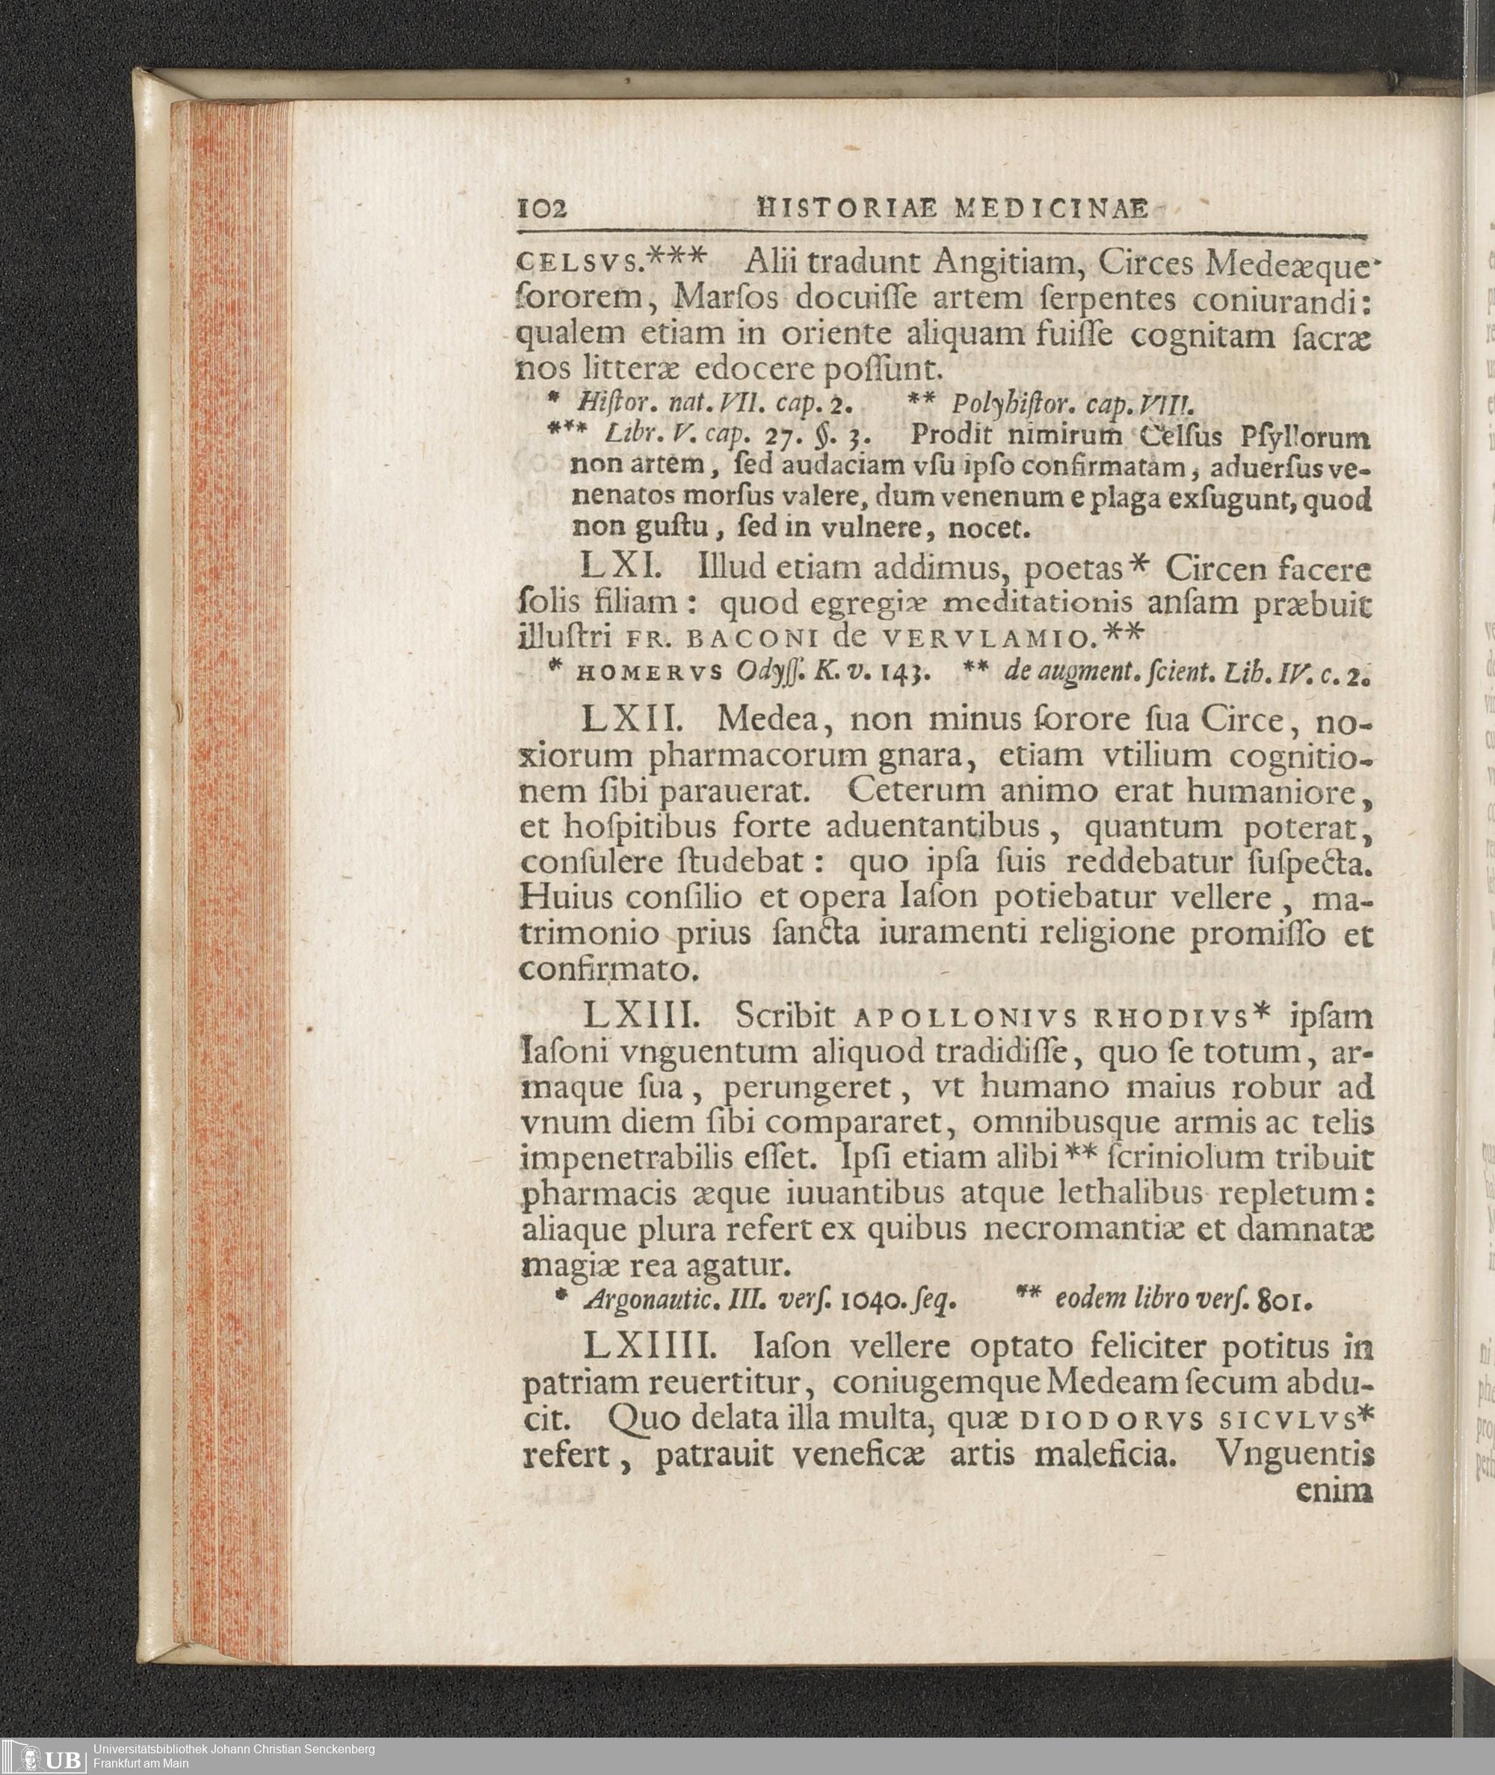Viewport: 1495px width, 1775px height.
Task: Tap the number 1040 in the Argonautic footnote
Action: [873, 1300]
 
